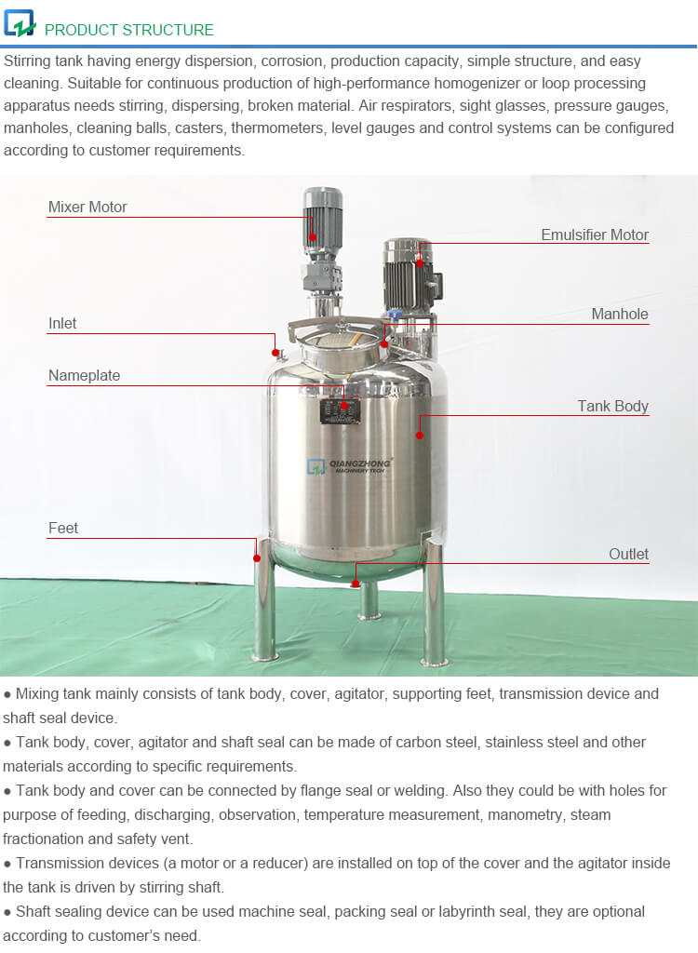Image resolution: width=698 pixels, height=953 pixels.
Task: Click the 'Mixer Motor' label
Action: tap(87, 207)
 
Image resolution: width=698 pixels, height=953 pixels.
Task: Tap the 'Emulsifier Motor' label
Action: tap(595, 235)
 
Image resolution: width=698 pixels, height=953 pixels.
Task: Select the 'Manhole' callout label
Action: tap(620, 314)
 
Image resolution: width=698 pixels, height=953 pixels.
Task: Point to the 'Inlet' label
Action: tap(62, 323)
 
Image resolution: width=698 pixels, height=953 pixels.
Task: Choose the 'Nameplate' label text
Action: tap(84, 375)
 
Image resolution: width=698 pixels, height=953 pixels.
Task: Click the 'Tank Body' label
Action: tap(612, 406)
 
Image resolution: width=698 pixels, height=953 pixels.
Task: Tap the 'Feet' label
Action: tap(63, 528)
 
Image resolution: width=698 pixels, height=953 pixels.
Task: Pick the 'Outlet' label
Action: tap(628, 554)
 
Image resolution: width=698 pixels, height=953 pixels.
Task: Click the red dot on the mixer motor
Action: tap(314, 237)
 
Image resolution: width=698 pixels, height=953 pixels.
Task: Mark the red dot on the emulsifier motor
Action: tap(420, 263)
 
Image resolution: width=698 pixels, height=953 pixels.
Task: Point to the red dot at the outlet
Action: tap(355, 584)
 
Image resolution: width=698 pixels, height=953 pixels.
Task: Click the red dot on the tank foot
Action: tap(257, 557)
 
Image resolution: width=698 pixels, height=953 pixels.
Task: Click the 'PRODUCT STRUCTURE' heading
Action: tap(128, 30)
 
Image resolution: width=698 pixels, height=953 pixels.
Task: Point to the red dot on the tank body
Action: tap(420, 435)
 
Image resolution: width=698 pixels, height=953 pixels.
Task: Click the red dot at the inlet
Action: tap(275, 352)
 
